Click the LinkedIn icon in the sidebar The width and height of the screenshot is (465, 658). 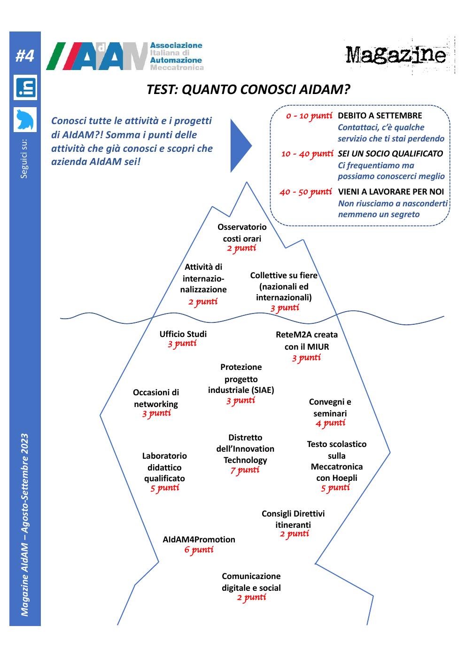[x=25, y=87]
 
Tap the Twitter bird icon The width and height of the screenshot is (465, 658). [x=25, y=119]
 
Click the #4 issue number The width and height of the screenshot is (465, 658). [x=24, y=55]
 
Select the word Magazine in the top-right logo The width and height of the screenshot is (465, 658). [x=395, y=55]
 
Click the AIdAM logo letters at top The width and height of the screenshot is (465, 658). [x=97, y=56]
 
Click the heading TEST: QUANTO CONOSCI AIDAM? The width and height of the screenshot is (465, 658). [x=248, y=89]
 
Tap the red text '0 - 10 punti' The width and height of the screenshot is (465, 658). [x=309, y=116]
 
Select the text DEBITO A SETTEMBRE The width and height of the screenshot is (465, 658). [x=380, y=116]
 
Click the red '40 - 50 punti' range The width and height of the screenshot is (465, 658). [x=306, y=192]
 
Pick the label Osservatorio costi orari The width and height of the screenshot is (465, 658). [x=242, y=233]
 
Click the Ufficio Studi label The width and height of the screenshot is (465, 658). [x=183, y=334]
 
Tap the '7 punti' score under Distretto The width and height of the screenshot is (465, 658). [x=245, y=470]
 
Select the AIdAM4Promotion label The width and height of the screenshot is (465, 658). [x=199, y=540]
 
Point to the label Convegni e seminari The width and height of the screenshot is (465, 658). [x=330, y=407]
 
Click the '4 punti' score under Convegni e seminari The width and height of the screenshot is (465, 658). [x=330, y=423]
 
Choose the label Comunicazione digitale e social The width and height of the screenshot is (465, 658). [x=251, y=582]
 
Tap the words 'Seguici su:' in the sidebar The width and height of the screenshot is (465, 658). [x=24, y=159]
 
